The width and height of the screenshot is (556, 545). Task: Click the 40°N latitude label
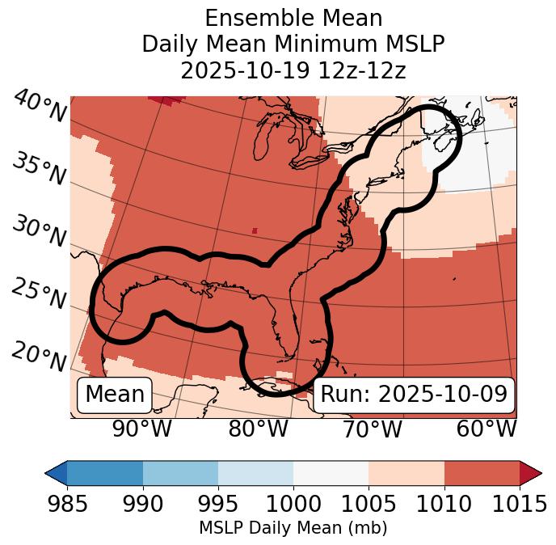[x=40, y=108]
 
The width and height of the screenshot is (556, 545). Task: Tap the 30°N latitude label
[x=40, y=233]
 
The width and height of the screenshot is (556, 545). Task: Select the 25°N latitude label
[x=40, y=294]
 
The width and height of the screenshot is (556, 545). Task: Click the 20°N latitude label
[x=40, y=356]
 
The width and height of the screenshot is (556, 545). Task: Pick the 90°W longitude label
[x=142, y=429]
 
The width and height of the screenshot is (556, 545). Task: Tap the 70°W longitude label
[x=372, y=429]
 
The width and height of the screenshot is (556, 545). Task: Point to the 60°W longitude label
[x=486, y=429]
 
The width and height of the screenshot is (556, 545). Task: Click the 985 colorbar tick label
[x=67, y=505]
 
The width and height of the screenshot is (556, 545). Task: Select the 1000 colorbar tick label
[x=293, y=505]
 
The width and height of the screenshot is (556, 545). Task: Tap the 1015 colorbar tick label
[x=519, y=505]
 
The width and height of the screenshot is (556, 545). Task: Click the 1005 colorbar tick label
[x=369, y=505]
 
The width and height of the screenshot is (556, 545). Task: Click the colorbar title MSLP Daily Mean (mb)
[x=293, y=529]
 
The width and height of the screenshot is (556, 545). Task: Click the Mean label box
[x=115, y=395]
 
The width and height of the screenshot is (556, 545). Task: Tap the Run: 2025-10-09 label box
[x=414, y=395]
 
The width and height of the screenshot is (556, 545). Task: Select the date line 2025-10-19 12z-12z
[x=293, y=70]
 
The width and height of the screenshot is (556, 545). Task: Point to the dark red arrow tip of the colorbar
[x=531, y=473]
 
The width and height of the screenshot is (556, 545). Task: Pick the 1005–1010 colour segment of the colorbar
[x=406, y=473]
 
